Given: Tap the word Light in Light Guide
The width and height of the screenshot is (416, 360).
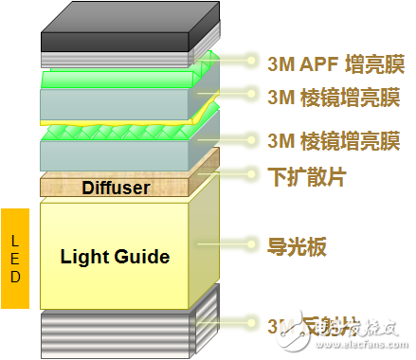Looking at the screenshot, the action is pyautogui.click(x=83, y=256).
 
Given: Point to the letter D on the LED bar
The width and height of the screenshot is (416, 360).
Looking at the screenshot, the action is pyautogui.click(x=13, y=280).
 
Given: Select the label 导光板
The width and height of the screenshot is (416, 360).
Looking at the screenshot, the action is pyautogui.click(x=297, y=246).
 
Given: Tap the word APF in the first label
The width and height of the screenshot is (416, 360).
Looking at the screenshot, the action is pyautogui.click(x=321, y=63).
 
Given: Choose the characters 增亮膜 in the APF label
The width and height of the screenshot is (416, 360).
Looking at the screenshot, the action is pyautogui.click(x=377, y=63).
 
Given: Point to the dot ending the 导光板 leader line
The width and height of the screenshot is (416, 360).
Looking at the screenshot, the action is pyautogui.click(x=252, y=245).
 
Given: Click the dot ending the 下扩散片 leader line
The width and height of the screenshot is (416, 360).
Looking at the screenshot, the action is pyautogui.click(x=252, y=174).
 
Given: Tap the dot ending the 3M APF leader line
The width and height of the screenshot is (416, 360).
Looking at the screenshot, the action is pyautogui.click(x=252, y=63).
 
